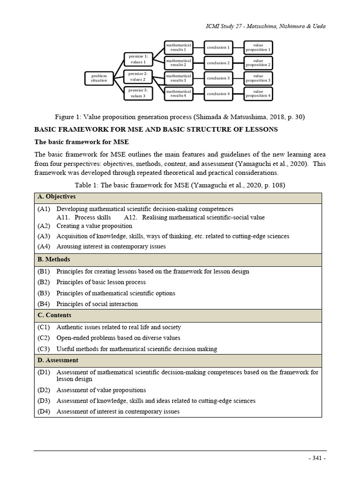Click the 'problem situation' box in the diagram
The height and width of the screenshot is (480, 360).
[99, 78]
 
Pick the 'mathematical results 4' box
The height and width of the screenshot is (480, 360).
[178, 94]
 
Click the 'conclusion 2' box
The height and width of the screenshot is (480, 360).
[218, 63]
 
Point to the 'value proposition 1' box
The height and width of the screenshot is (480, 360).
[258, 47]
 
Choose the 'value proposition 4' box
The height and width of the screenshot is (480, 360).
[258, 94]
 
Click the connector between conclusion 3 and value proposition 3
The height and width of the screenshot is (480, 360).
[238, 78]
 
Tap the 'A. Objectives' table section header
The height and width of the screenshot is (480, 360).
[57, 197]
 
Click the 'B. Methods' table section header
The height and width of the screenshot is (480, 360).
[54, 260]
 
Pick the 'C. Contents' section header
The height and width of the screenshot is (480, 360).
[54, 315]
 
